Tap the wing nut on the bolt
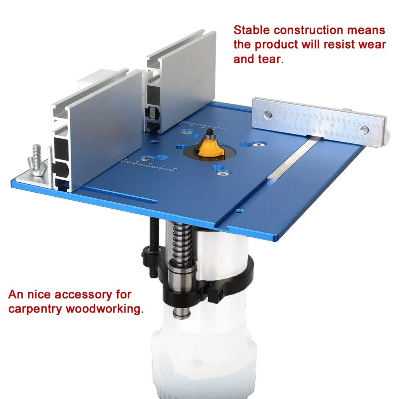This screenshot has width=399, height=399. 38,168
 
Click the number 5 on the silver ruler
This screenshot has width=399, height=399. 320,123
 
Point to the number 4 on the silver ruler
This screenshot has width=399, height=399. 332,125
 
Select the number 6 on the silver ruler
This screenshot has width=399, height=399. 308,121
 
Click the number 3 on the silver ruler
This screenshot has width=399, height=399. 344,127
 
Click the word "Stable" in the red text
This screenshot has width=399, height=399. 252,30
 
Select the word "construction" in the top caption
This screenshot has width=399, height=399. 308,30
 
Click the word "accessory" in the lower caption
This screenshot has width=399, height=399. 83,295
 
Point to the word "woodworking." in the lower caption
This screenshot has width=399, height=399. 105,309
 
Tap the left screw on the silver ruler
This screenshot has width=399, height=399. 268,115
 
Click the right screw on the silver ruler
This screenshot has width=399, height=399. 365,130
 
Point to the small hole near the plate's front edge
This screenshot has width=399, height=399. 239,211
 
